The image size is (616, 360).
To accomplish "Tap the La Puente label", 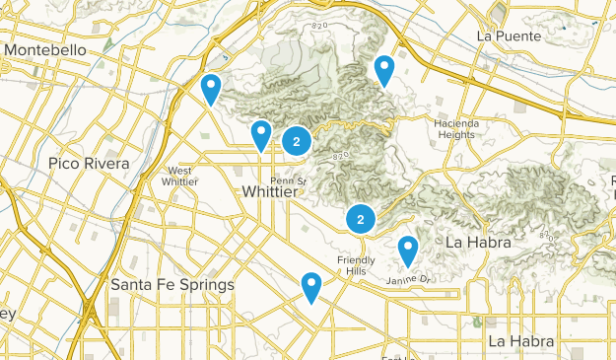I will point(509,36).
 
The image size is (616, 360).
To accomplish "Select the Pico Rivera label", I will point(89,162).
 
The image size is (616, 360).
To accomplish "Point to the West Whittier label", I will point(182,176).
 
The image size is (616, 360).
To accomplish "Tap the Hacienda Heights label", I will point(454,128).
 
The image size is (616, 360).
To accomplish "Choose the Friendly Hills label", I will point(356,265).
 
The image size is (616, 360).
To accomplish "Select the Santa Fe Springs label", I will point(172,284).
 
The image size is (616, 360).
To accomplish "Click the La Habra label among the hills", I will point(477,242).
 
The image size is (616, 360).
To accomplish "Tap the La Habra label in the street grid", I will point(520,341).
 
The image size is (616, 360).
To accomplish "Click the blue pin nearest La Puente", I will point(384,70).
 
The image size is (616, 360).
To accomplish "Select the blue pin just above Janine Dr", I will point(407,251).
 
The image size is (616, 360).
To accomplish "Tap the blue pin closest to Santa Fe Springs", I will point(311,287).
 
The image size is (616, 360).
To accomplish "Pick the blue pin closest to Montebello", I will point(210,89).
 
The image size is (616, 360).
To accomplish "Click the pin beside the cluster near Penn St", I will point(260,134).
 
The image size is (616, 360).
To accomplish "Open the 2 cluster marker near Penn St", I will point(297,142).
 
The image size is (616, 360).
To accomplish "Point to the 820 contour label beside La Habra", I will point(548,235).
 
